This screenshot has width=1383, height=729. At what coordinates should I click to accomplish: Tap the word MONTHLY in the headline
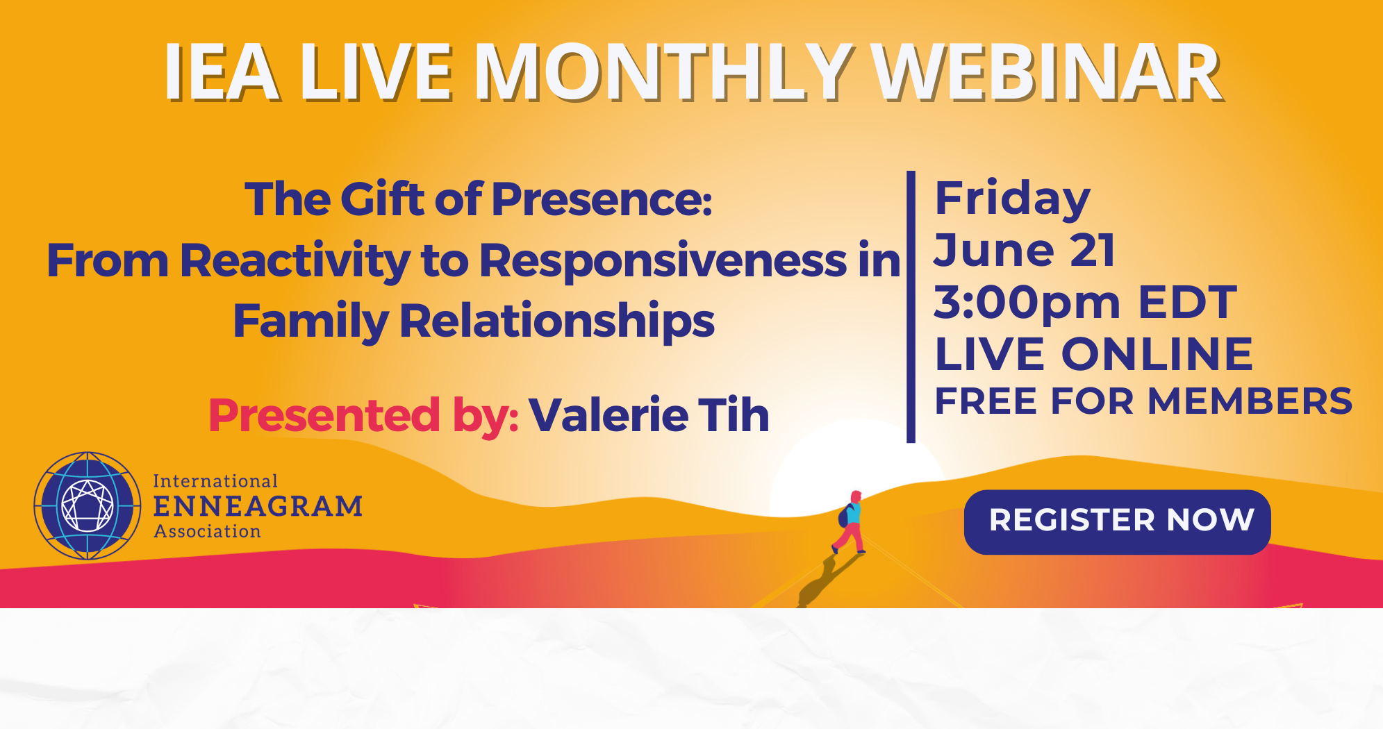click(664, 72)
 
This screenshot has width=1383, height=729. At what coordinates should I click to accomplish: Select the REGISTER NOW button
click(1117, 521)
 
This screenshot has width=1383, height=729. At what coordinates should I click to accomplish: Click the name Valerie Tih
click(649, 415)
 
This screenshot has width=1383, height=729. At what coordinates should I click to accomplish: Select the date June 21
click(1025, 250)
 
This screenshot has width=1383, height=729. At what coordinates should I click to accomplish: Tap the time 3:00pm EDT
click(1085, 303)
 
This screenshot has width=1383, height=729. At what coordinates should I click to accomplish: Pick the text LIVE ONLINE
click(1093, 355)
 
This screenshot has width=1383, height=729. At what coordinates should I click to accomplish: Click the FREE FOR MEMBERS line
click(1143, 401)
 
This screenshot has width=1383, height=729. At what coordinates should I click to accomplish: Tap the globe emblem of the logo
click(88, 506)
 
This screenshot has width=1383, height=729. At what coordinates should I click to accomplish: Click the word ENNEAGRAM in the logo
click(258, 506)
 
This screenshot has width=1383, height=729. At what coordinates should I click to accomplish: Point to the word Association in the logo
click(207, 532)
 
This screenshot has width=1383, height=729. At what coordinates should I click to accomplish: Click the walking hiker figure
click(849, 522)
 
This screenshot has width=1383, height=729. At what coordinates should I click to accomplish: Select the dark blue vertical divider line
click(911, 307)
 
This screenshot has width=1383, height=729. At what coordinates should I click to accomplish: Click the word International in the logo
click(215, 481)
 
